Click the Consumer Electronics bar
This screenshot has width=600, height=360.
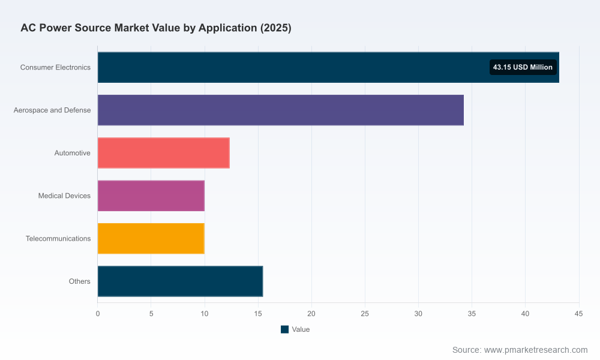(328, 67)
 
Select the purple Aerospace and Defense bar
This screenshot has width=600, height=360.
(280, 110)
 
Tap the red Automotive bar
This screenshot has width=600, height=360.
(163, 153)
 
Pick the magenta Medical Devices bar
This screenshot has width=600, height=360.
(151, 196)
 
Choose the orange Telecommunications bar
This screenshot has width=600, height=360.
(151, 238)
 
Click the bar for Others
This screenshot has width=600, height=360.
(180, 281)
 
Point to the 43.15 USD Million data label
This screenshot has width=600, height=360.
(523, 67)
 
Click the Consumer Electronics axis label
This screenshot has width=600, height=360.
(55, 67)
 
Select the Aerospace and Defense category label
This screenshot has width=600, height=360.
(52, 110)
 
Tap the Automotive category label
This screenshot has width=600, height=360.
(73, 153)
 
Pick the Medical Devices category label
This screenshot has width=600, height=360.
(64, 196)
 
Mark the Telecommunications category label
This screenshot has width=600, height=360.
(58, 238)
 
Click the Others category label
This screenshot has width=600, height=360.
(80, 281)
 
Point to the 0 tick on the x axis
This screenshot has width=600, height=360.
(98, 314)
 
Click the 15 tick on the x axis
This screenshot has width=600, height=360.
(258, 314)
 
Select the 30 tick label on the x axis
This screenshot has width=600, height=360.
(418, 314)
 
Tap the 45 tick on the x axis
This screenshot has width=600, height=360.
(578, 314)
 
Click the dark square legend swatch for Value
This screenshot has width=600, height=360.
(284, 329)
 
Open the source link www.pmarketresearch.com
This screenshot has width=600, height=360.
(536, 350)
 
